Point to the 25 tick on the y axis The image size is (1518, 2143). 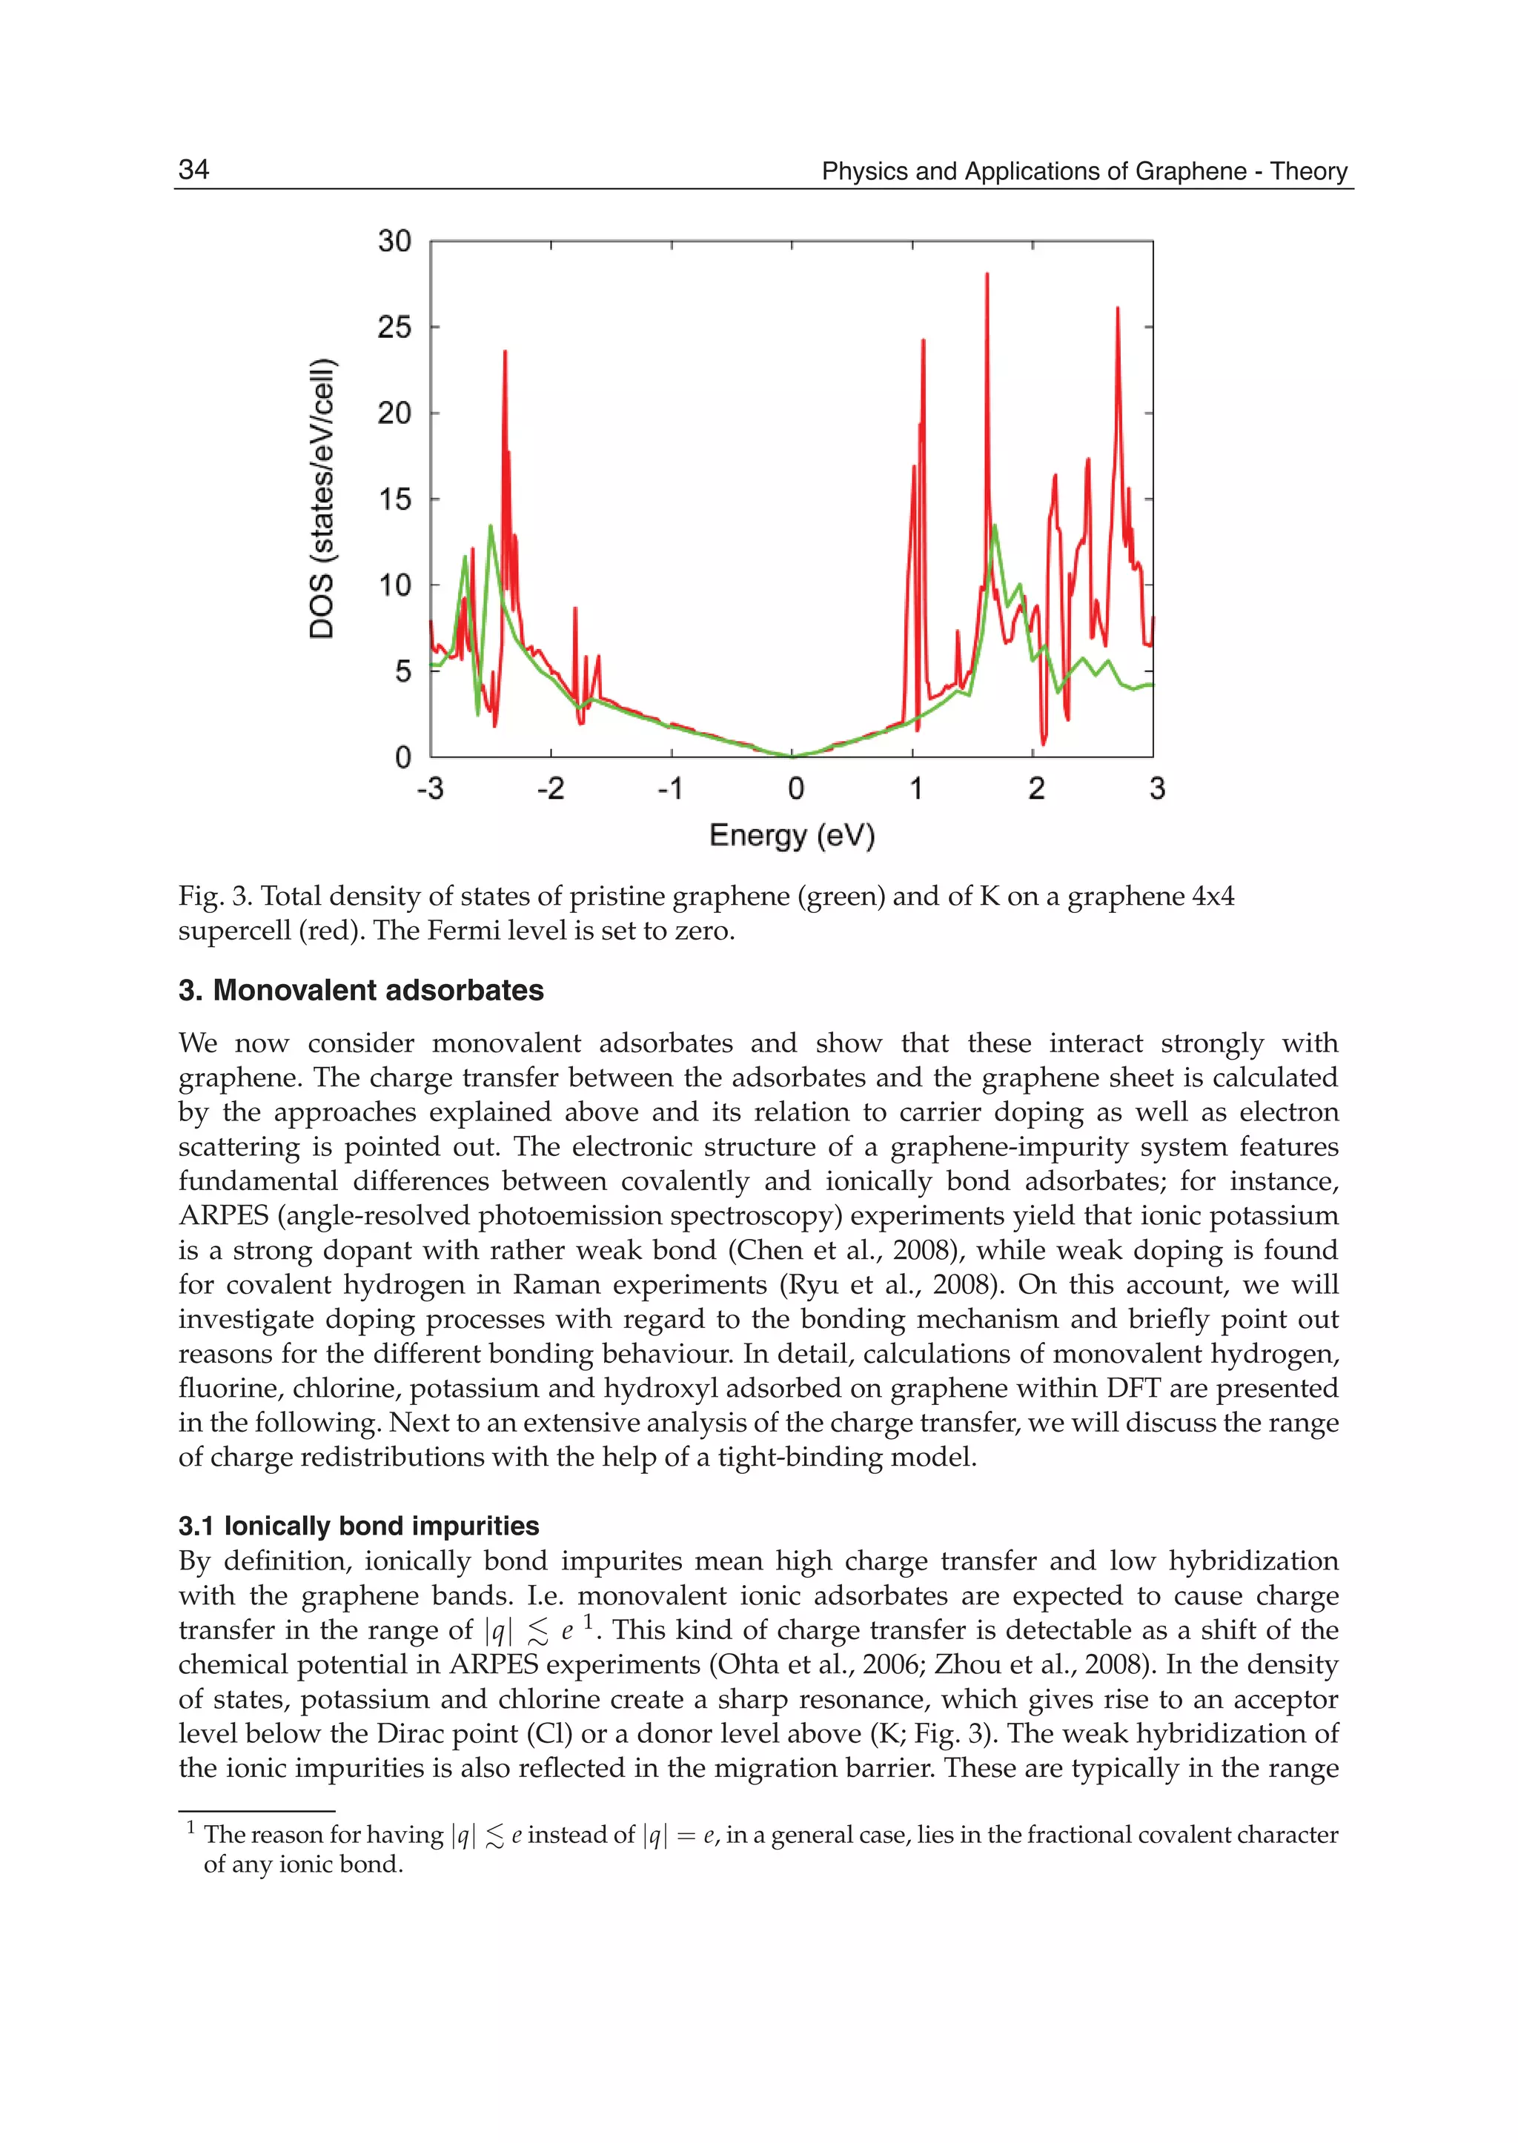(394, 327)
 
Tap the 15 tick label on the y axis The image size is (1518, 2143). (394, 499)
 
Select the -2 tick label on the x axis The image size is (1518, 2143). (550, 788)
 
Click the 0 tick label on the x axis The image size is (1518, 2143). (795, 788)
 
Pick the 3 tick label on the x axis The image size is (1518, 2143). (1157, 788)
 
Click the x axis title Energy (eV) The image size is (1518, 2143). (792, 834)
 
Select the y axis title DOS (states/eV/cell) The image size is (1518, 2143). (322, 498)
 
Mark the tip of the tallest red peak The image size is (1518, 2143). (987, 274)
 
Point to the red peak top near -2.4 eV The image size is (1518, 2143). (505, 351)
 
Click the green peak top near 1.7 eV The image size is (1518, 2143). (995, 525)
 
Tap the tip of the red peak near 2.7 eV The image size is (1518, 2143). (1117, 308)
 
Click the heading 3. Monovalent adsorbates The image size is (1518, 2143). (361, 991)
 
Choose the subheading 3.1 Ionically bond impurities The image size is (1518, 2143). (358, 1526)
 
